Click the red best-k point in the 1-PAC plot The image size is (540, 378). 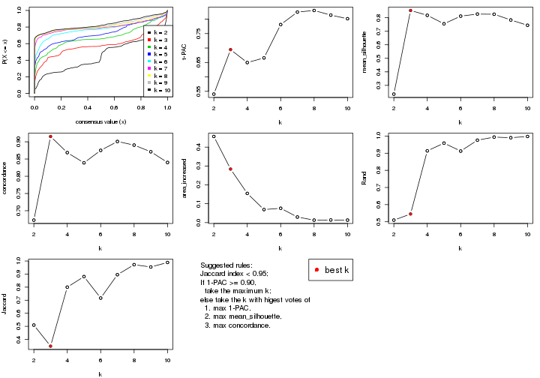(x=230, y=49)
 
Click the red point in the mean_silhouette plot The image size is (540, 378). (x=410, y=10)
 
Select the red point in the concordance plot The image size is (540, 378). (x=50, y=136)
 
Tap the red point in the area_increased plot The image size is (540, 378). (x=230, y=169)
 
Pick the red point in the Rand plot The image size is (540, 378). (x=410, y=214)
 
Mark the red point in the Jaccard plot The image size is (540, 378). (x=50, y=346)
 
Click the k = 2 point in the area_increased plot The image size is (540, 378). (x=214, y=136)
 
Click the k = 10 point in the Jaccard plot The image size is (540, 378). (x=168, y=262)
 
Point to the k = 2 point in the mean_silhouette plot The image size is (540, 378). (x=394, y=94)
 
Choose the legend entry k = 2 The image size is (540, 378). (x=159, y=33)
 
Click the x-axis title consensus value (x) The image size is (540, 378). (x=100, y=122)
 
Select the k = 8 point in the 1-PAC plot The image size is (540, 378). (x=314, y=10)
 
